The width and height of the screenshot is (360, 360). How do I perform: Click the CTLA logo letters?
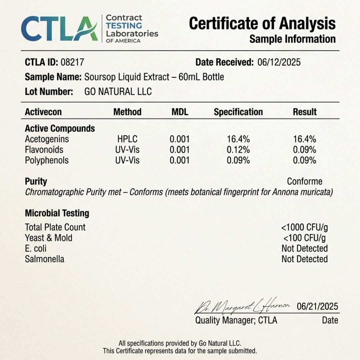59,29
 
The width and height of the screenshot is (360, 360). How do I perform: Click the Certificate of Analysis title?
262,24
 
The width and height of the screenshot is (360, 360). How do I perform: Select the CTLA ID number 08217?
72,62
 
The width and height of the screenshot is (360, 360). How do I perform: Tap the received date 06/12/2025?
279,62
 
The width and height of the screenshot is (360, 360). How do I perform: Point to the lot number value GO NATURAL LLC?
118,92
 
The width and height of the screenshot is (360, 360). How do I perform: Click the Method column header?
127,112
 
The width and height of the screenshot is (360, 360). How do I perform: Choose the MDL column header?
180,112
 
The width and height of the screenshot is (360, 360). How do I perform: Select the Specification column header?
238,112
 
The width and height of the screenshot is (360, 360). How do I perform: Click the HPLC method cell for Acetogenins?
127,139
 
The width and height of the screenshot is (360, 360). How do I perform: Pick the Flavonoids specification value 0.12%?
238,150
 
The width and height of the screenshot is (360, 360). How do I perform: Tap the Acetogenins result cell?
305,139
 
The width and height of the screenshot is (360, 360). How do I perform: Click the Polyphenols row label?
47,160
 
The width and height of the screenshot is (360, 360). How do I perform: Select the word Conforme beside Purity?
305,182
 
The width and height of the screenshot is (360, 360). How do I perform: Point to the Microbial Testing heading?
57,213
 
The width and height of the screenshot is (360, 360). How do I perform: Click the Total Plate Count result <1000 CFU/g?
305,227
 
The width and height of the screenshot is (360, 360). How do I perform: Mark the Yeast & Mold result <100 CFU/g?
305,238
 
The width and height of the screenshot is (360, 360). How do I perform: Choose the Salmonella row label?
45,259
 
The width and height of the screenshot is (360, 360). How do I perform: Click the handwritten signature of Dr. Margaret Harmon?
242,306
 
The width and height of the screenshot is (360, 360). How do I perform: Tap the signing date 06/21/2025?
317,307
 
